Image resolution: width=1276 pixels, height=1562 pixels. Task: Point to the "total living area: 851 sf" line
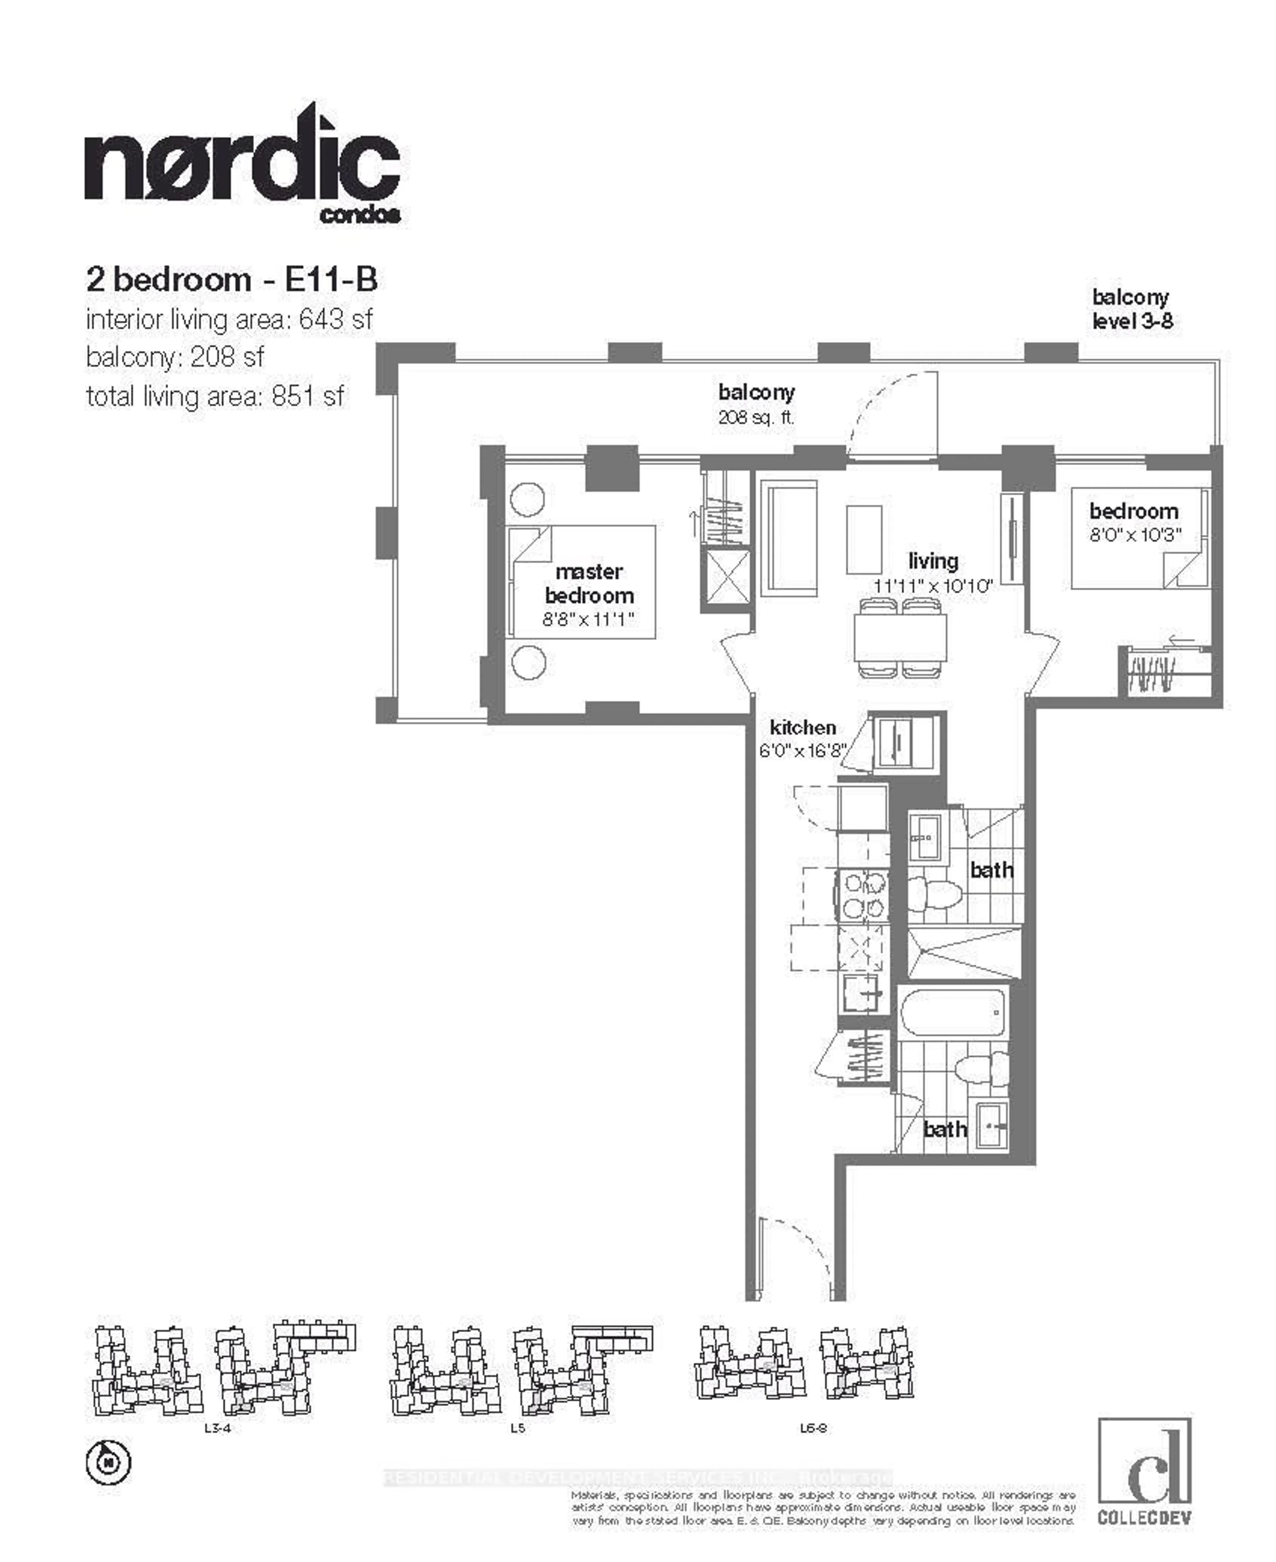215,397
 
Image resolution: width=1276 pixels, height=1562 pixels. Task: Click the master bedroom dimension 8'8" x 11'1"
588,619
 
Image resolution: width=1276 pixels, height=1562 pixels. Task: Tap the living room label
933,561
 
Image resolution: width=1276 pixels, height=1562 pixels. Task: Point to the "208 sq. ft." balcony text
756,418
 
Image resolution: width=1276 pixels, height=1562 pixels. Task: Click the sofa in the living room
789,538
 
